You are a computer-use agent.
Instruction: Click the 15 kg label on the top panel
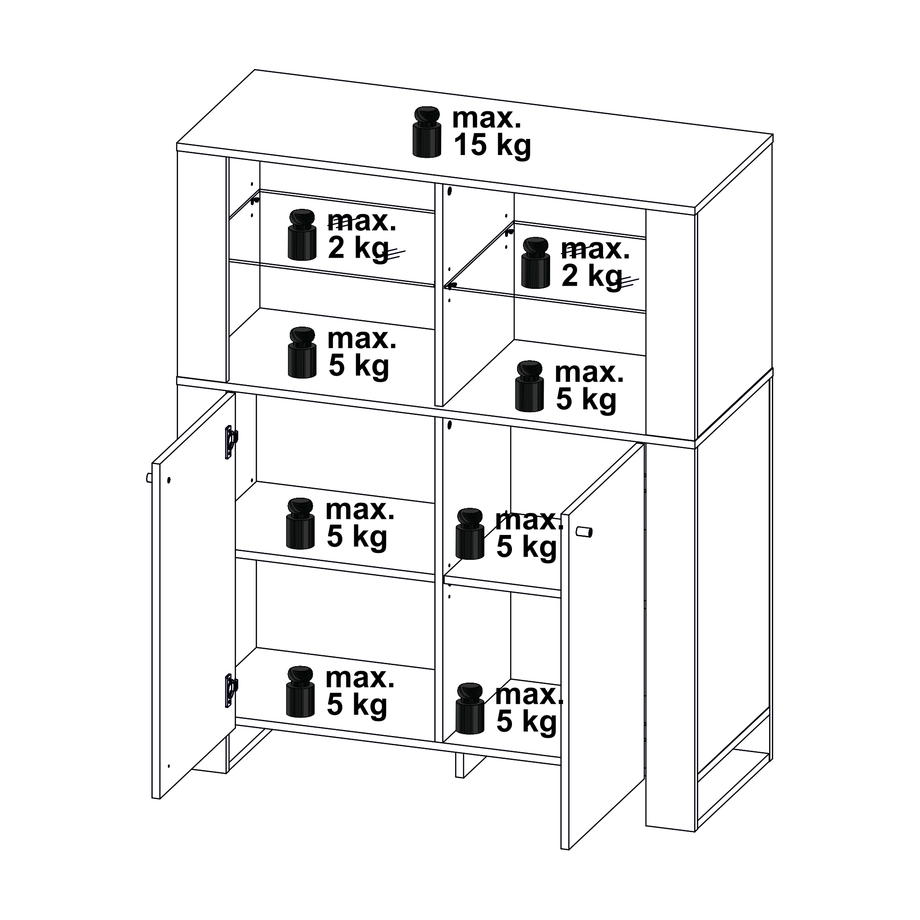click(492, 146)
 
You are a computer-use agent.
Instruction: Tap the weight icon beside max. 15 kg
click(427, 132)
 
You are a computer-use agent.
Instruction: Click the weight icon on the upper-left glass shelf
click(302, 235)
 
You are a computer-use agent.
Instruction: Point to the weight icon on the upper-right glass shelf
click(536, 263)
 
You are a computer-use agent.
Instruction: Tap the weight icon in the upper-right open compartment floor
click(529, 386)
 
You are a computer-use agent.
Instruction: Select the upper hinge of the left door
click(231, 443)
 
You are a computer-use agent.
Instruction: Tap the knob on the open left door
click(149, 478)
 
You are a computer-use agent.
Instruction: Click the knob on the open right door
click(584, 531)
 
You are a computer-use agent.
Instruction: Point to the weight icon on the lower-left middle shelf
click(300, 523)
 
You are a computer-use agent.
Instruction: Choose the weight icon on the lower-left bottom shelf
click(300, 691)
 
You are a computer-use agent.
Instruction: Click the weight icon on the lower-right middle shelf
click(470, 533)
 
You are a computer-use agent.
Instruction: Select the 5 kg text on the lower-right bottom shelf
click(527, 722)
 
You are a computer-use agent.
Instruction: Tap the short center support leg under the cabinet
click(460, 766)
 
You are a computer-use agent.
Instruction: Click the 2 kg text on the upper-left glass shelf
click(358, 249)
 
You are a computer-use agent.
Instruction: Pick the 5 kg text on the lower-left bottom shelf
click(356, 705)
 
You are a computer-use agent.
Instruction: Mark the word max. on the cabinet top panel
click(487, 118)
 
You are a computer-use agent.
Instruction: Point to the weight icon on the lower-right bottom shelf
click(470, 708)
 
